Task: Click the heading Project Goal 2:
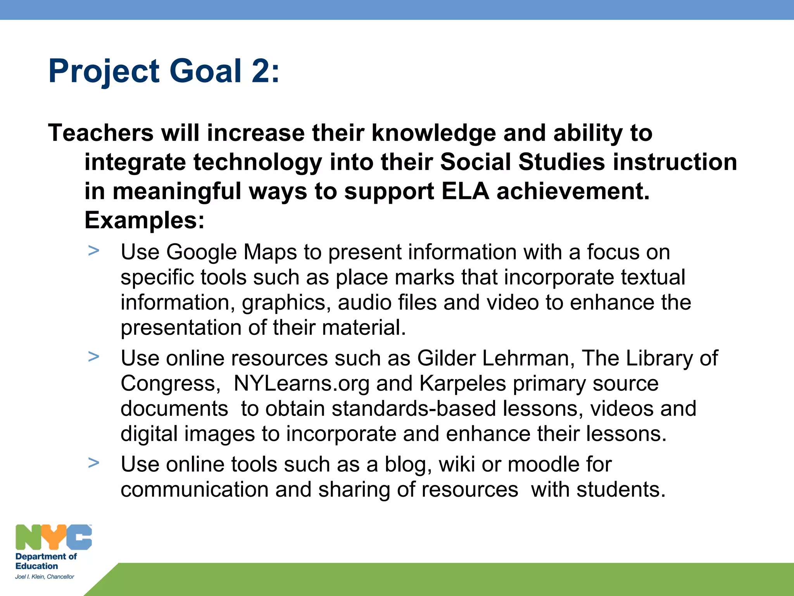[x=164, y=71]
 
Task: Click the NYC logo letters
[x=54, y=537]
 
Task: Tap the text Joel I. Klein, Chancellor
[x=45, y=577]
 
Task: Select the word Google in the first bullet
[x=201, y=252]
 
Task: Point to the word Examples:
[x=144, y=220]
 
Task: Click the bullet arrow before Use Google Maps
[x=93, y=251]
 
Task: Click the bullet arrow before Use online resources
[x=93, y=357]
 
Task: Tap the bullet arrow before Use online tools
[x=93, y=463]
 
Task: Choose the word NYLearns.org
[x=302, y=384]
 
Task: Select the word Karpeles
[x=463, y=384]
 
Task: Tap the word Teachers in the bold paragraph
[x=101, y=133]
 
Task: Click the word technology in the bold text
[x=257, y=162]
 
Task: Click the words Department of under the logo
[x=46, y=556]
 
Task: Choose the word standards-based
[x=414, y=409]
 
